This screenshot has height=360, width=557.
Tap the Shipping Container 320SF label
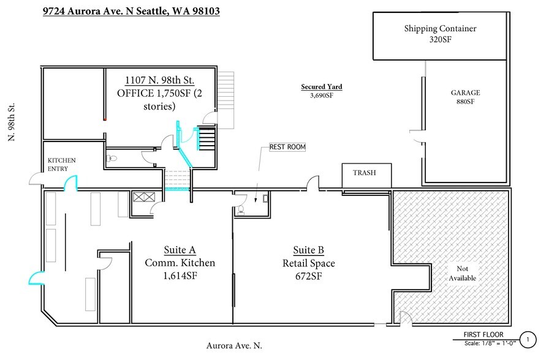pyautogui.click(x=440, y=34)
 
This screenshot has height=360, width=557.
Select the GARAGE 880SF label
pyautogui.click(x=465, y=97)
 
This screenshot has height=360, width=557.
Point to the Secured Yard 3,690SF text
pyautogui.click(x=321, y=91)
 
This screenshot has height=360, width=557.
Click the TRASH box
pyautogui.click(x=364, y=174)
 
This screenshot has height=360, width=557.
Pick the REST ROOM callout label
pyautogui.click(x=287, y=148)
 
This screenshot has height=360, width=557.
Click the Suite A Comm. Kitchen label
pyautogui.click(x=180, y=263)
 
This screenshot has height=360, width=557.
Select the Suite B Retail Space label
pyautogui.click(x=308, y=263)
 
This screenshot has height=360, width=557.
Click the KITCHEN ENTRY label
pyautogui.click(x=61, y=164)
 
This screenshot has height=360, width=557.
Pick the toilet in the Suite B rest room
pyautogui.click(x=241, y=209)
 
